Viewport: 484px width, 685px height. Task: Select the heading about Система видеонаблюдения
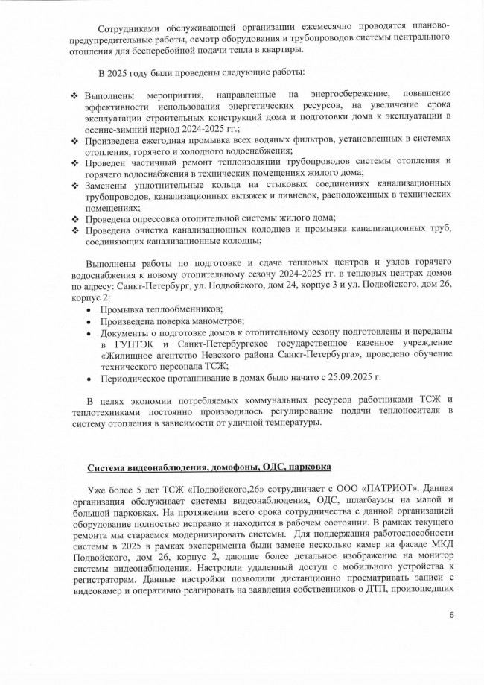point(209,467)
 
